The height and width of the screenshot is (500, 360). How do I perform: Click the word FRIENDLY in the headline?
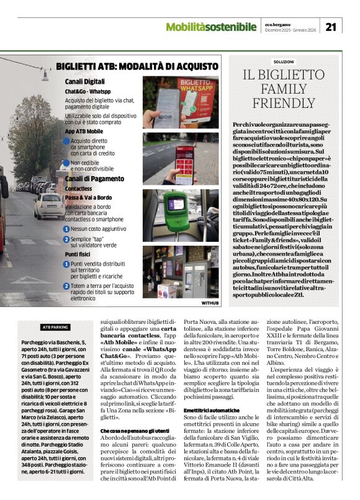coord(284,102)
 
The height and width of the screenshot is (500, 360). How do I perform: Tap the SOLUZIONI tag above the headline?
coord(284,61)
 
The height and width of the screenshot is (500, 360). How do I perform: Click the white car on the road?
coord(48,206)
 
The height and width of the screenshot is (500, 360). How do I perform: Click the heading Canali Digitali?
coord(85,81)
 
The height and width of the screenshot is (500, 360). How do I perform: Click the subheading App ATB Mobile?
coord(84,131)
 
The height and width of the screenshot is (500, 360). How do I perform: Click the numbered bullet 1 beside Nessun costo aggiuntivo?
coord(66,228)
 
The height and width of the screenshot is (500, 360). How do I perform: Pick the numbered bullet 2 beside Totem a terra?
coord(66,286)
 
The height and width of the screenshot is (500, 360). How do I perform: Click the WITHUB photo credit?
coord(210,303)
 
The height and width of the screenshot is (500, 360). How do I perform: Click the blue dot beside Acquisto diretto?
coord(66,141)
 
